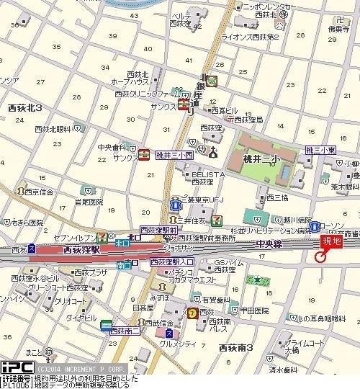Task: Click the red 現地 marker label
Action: tap(330, 242)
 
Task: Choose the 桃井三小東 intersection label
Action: tap(320, 149)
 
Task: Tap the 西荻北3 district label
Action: tap(24, 107)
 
